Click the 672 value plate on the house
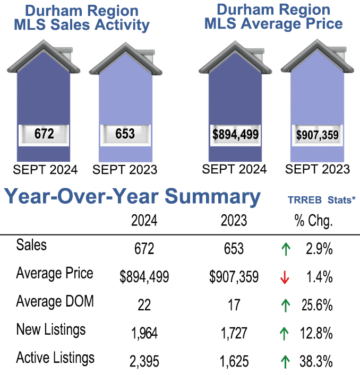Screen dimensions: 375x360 click(44, 134)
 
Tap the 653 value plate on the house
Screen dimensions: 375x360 click(125, 134)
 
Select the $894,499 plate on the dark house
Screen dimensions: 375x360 click(235, 134)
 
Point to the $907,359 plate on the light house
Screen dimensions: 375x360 click(318, 135)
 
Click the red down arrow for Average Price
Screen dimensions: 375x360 click(285, 277)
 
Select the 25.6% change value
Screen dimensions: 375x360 click(318, 305)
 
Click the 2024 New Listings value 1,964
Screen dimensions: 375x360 click(144, 334)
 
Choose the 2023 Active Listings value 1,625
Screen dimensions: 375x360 click(234, 362)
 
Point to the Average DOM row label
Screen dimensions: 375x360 click(55, 302)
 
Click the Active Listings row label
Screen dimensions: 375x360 click(55, 358)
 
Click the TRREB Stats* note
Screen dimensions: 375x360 click(321, 200)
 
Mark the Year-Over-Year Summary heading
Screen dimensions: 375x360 click(133, 197)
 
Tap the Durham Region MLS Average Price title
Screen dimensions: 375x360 click(273, 16)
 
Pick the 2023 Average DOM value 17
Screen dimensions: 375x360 click(234, 305)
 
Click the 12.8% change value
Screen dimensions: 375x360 click(318, 334)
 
